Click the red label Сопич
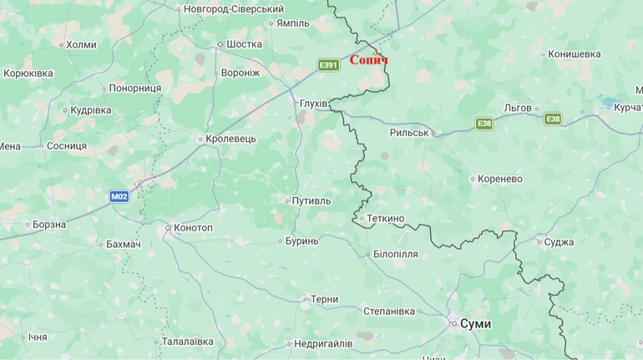pyautogui.click(x=368, y=60)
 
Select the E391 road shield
pyautogui.click(x=329, y=65)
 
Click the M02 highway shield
pyautogui.click(x=119, y=196)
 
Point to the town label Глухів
pyautogui.click(x=314, y=104)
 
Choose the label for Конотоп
pyautogui.click(x=193, y=228)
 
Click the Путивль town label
pyautogui.click(x=311, y=201)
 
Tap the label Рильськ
pyautogui.click(x=409, y=133)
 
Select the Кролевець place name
pyautogui.click(x=230, y=139)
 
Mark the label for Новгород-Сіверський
pyautogui.click(x=234, y=9)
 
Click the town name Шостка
pyautogui.click(x=244, y=45)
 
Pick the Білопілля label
pyautogui.click(x=395, y=254)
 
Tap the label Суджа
pyautogui.click(x=559, y=242)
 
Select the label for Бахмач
pyautogui.click(x=124, y=244)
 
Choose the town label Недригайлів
pyautogui.click(x=323, y=343)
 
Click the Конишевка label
pyautogui.click(x=575, y=54)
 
